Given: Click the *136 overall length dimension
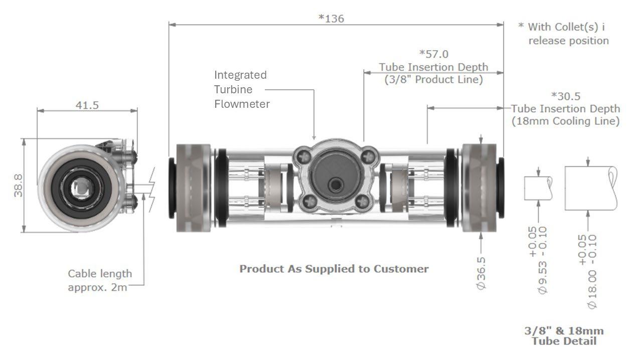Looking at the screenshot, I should point(332,19).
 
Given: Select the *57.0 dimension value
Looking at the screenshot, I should point(434,54).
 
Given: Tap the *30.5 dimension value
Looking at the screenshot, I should point(566,96).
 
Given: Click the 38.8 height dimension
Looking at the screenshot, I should point(18,186).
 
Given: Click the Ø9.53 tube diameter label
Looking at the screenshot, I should point(543,275).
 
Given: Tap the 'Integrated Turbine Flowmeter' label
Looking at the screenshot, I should point(241,89).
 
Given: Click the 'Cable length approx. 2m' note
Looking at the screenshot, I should point(100,280).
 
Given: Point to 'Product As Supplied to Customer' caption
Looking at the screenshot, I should point(334,269).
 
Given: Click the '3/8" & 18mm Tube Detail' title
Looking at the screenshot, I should point(564,336).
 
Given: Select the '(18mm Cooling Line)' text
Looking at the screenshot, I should point(565,121).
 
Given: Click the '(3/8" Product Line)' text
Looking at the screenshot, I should point(433,79).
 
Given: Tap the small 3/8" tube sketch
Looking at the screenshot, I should point(538,188).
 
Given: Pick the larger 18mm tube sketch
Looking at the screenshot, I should point(590,189).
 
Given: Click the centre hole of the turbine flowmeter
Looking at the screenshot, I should point(334,186).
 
